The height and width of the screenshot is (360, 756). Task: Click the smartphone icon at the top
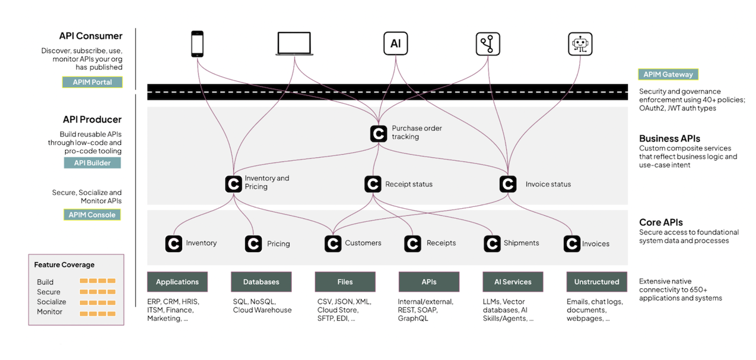[x=198, y=44]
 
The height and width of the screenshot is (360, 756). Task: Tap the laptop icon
[x=294, y=44]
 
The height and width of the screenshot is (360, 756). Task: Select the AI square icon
[x=395, y=44]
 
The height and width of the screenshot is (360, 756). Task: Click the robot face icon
[x=580, y=44]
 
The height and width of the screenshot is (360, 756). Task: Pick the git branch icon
[x=488, y=44]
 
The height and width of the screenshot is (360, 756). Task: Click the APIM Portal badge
[x=92, y=82]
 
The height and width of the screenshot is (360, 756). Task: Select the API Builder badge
[x=92, y=163]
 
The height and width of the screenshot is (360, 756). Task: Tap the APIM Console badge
[x=92, y=215]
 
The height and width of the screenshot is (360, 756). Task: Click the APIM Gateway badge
[x=668, y=74]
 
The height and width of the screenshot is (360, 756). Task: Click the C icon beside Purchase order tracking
[x=379, y=133]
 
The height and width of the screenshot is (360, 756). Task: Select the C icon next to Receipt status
[x=373, y=184]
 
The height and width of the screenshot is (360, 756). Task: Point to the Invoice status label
[x=548, y=184]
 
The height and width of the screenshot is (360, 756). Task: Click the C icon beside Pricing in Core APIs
[x=253, y=243]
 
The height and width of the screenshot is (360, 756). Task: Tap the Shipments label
[x=521, y=243]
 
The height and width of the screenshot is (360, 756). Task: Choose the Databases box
[x=261, y=282]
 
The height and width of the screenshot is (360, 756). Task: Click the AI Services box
[x=513, y=282]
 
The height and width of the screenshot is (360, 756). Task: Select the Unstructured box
[x=596, y=282]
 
